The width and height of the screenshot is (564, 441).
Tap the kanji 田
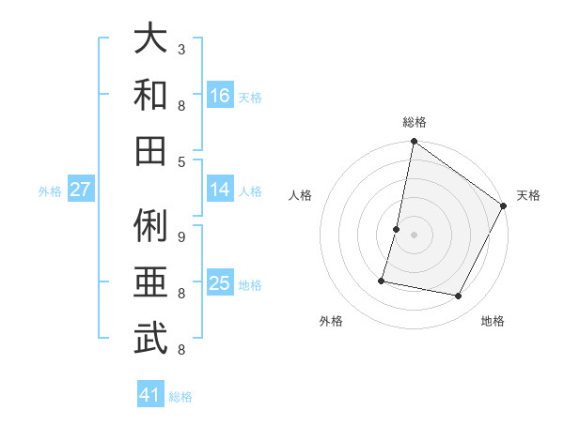[150, 150]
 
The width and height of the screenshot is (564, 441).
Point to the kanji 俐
[150, 226]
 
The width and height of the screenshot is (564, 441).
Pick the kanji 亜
[150, 282]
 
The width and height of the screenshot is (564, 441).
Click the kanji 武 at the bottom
[150, 339]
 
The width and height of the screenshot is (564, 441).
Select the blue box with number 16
[220, 95]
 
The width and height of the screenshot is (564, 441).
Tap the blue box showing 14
[220, 190]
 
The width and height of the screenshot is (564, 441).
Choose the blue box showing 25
[220, 283]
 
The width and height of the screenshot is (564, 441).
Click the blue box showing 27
[80, 190]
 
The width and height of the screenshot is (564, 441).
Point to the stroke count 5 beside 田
[181, 161]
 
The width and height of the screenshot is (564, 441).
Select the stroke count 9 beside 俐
[181, 236]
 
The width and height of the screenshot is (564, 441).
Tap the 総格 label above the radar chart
[415, 122]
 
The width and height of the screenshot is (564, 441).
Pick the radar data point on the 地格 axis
[459, 297]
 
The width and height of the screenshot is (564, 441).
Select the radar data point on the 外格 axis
[382, 281]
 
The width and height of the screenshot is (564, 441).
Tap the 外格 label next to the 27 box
[50, 191]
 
